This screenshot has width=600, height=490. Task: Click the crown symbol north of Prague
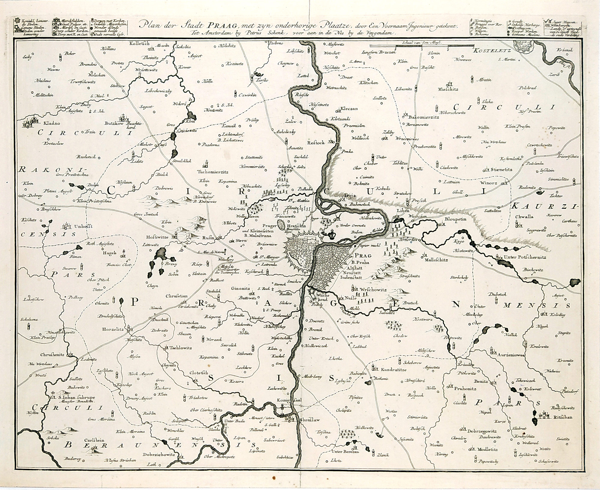[x=331, y=234]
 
